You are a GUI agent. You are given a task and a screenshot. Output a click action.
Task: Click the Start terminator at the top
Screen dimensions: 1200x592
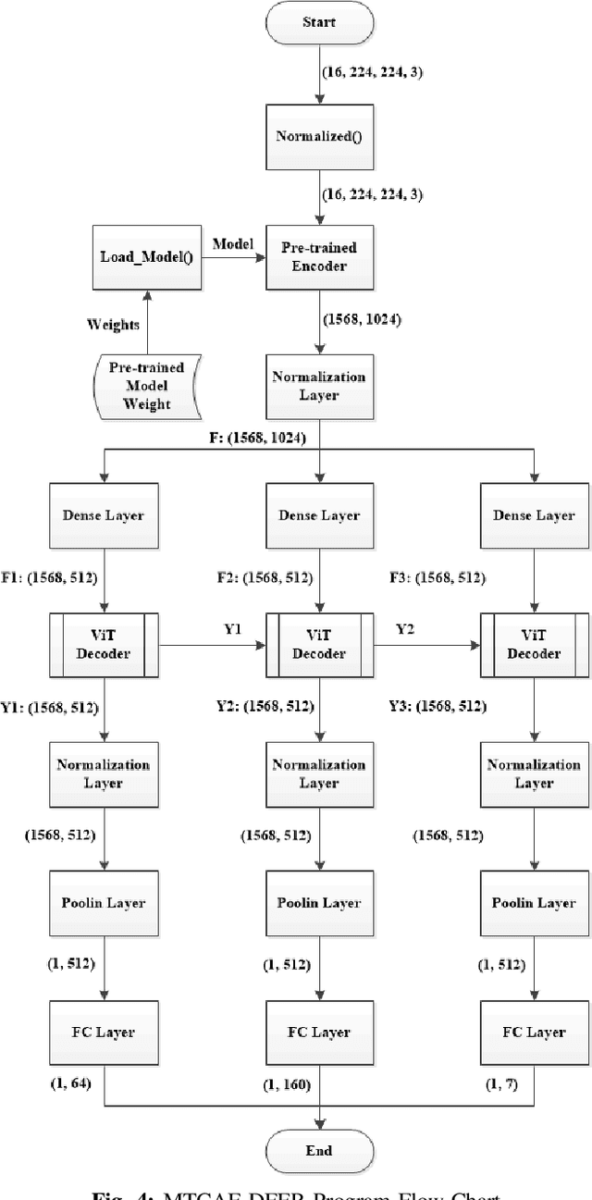[319, 22]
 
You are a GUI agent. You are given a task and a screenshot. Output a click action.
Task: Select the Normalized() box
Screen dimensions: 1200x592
[319, 136]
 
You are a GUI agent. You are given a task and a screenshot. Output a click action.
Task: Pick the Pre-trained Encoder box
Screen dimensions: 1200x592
[319, 256]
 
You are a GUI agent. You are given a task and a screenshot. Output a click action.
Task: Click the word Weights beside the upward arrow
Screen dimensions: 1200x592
[114, 324]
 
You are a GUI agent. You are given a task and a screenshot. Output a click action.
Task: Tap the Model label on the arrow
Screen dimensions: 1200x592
[233, 244]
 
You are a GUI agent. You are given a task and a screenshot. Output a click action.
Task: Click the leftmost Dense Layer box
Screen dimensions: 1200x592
[104, 515]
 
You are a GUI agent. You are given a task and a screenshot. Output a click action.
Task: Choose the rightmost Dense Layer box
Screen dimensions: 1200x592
[535, 515]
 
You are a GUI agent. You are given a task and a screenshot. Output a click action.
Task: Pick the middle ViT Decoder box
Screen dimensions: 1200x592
[319, 644]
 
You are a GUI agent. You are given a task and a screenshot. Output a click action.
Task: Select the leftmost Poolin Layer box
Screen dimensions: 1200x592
[104, 903]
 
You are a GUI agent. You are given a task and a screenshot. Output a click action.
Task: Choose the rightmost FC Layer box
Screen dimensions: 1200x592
[535, 1032]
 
